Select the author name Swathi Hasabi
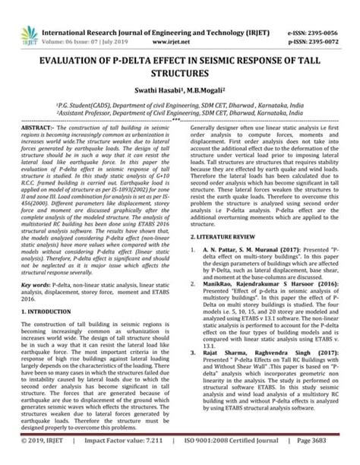coord(156,90)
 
